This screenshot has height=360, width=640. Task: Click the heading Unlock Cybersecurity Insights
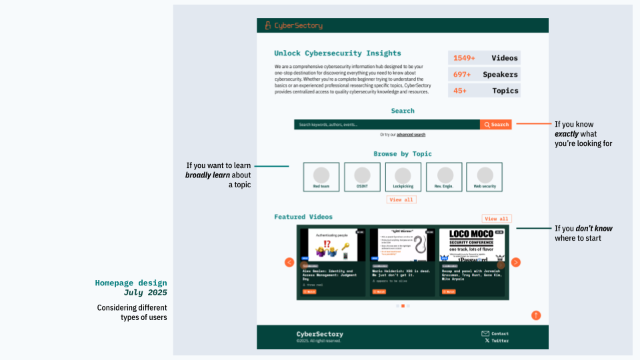click(337, 53)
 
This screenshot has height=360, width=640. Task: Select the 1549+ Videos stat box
click(484, 58)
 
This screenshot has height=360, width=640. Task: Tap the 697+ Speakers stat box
click(484, 75)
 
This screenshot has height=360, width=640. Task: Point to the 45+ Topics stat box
click(484, 91)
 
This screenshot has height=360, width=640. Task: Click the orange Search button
click(496, 125)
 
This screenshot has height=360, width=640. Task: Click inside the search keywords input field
click(387, 125)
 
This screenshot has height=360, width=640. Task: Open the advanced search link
click(411, 135)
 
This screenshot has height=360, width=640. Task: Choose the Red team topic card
click(321, 177)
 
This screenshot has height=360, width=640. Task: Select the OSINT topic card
click(362, 177)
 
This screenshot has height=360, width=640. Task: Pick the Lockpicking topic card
click(403, 177)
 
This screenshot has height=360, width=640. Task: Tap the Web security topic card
click(484, 177)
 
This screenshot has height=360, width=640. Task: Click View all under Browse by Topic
click(401, 200)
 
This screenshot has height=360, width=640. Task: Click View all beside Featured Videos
click(497, 219)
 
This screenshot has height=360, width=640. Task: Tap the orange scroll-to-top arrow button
click(536, 315)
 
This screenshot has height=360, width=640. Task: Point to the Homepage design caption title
click(131, 283)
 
